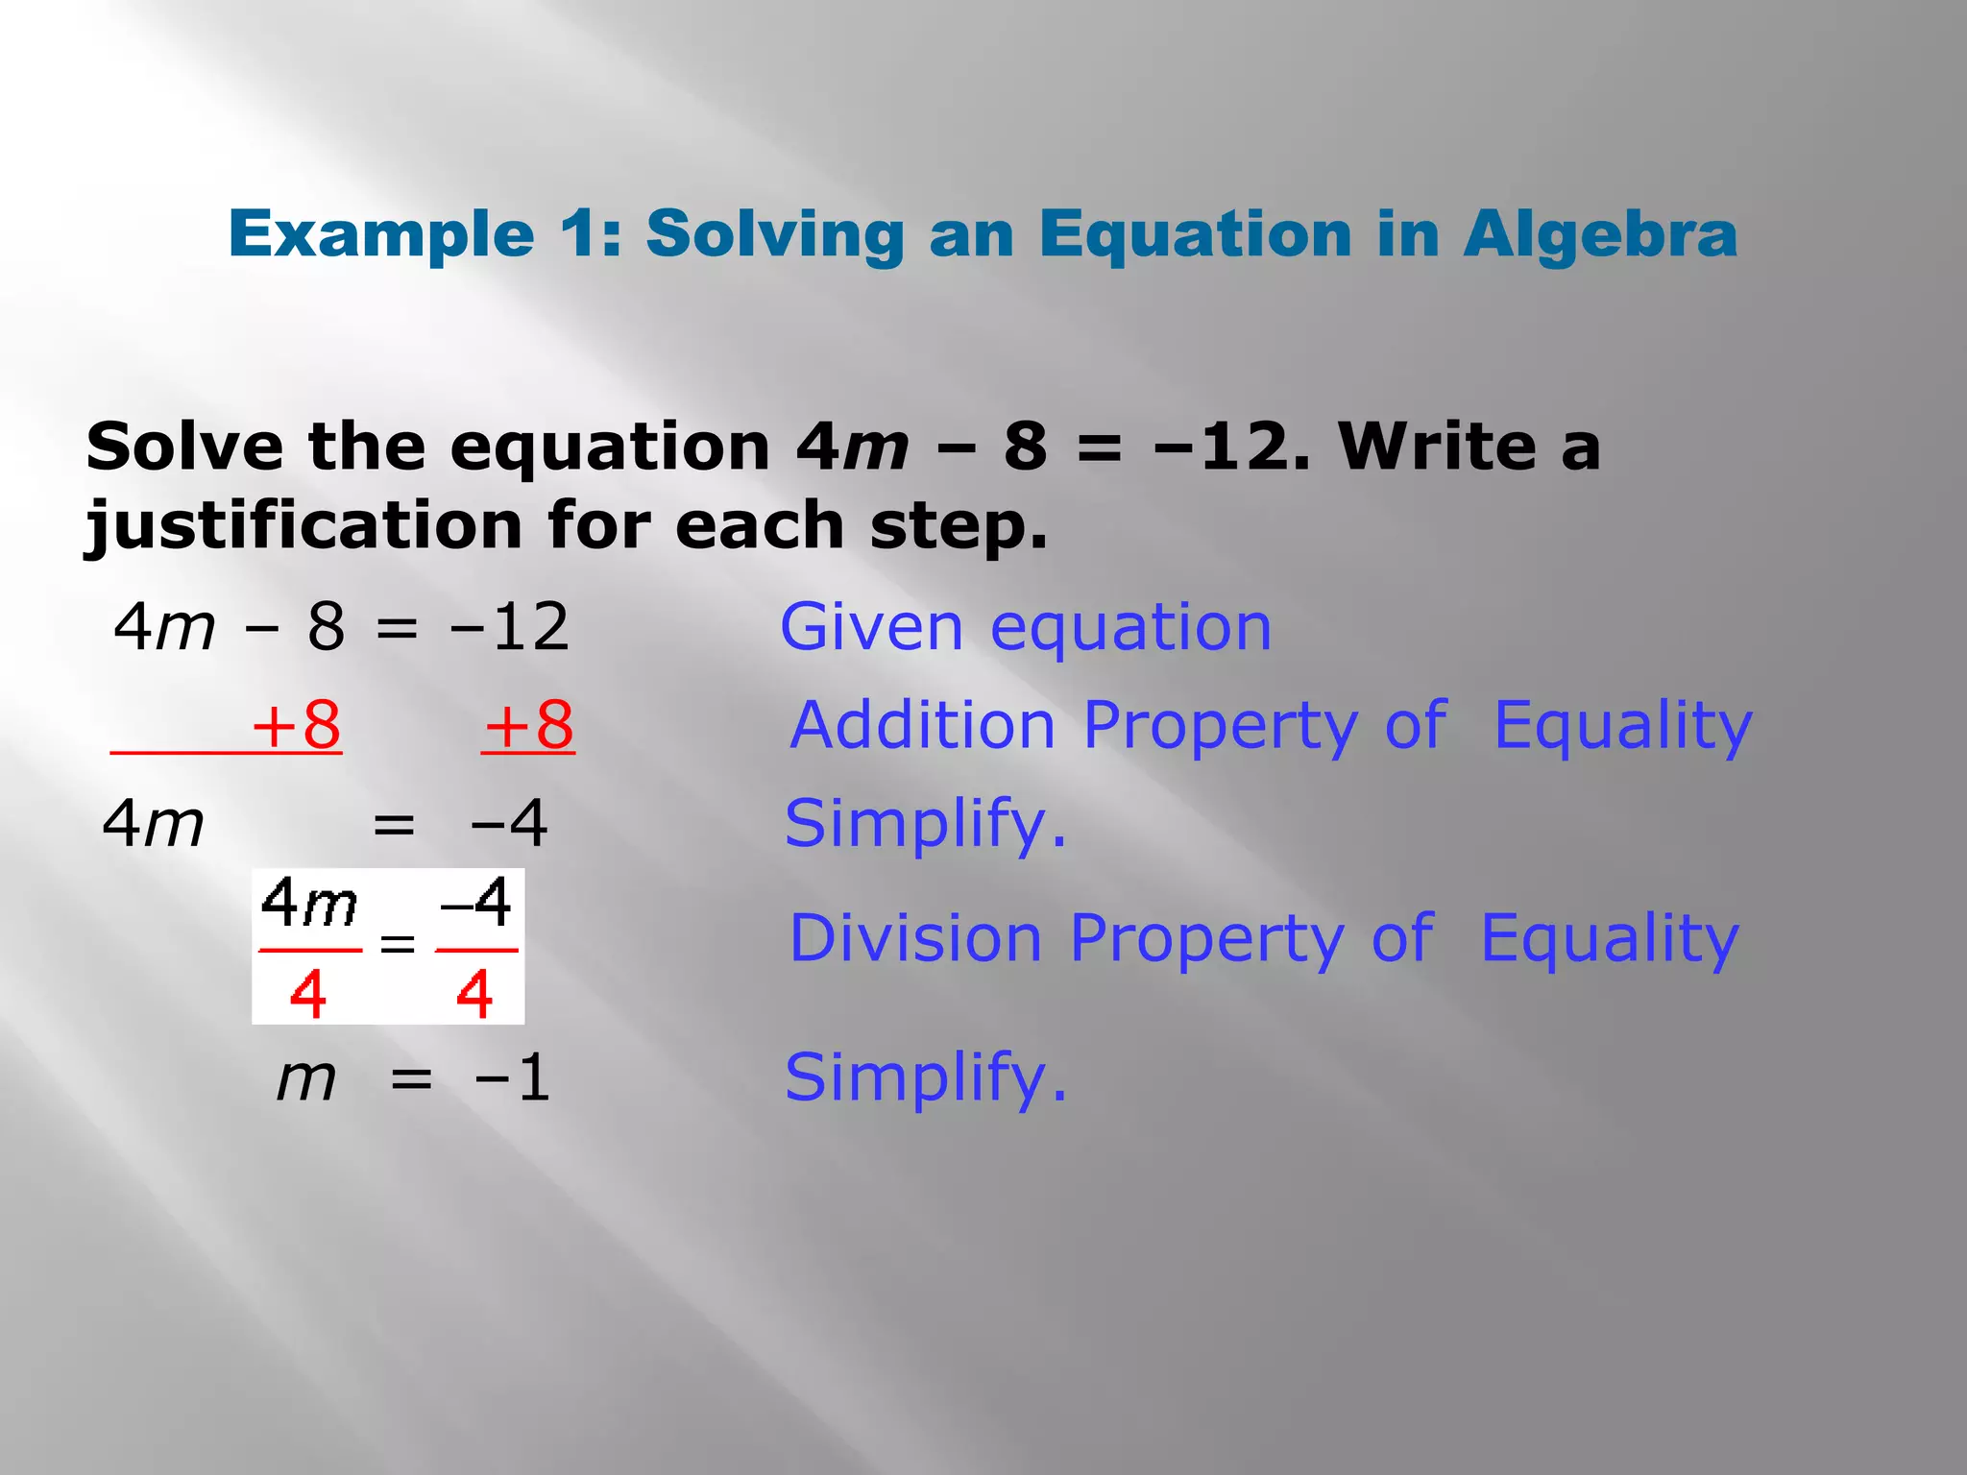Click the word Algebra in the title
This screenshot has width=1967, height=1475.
pyautogui.click(x=1600, y=234)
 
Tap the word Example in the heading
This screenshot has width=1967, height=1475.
pyautogui.click(x=381, y=236)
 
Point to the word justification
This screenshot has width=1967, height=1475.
pyautogui.click(x=304, y=526)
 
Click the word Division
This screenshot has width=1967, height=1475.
pyautogui.click(x=915, y=938)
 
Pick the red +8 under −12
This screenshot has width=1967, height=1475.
pyautogui.click(x=529, y=726)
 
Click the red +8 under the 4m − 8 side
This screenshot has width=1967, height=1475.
pyautogui.click(x=296, y=726)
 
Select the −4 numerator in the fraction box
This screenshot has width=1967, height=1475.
pyautogui.click(x=475, y=903)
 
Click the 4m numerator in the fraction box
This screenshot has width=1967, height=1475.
pyautogui.click(x=308, y=905)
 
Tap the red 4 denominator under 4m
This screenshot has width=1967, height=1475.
pyautogui.click(x=307, y=995)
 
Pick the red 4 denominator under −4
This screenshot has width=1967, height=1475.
pyautogui.click(x=474, y=995)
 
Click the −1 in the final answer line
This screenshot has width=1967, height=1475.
pyautogui.click(x=512, y=1078)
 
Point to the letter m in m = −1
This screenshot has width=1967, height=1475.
pyautogui.click(x=306, y=1079)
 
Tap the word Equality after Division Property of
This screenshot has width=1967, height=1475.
pyautogui.click(x=1610, y=938)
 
